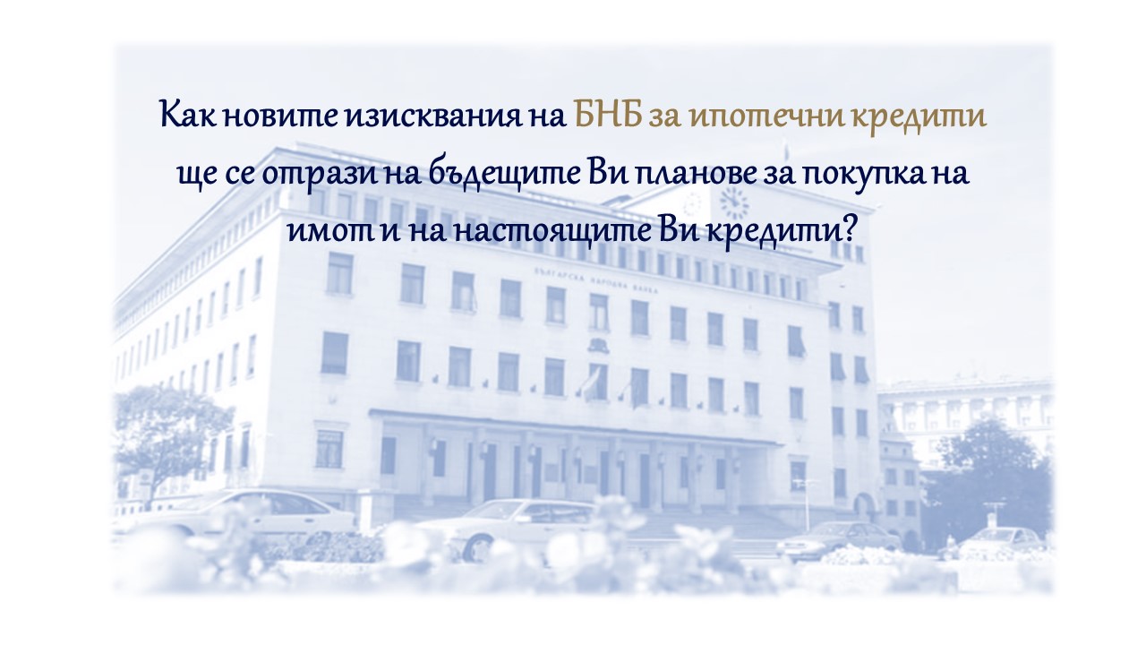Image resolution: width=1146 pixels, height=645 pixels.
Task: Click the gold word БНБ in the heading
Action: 608,116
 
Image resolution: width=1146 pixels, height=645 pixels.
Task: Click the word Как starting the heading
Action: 188,115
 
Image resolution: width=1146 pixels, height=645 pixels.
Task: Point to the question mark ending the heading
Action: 847,230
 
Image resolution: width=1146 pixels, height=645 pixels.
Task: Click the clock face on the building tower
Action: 733,203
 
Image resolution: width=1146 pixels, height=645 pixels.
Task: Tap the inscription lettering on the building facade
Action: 595,280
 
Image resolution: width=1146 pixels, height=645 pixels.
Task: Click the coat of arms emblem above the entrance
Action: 597,345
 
